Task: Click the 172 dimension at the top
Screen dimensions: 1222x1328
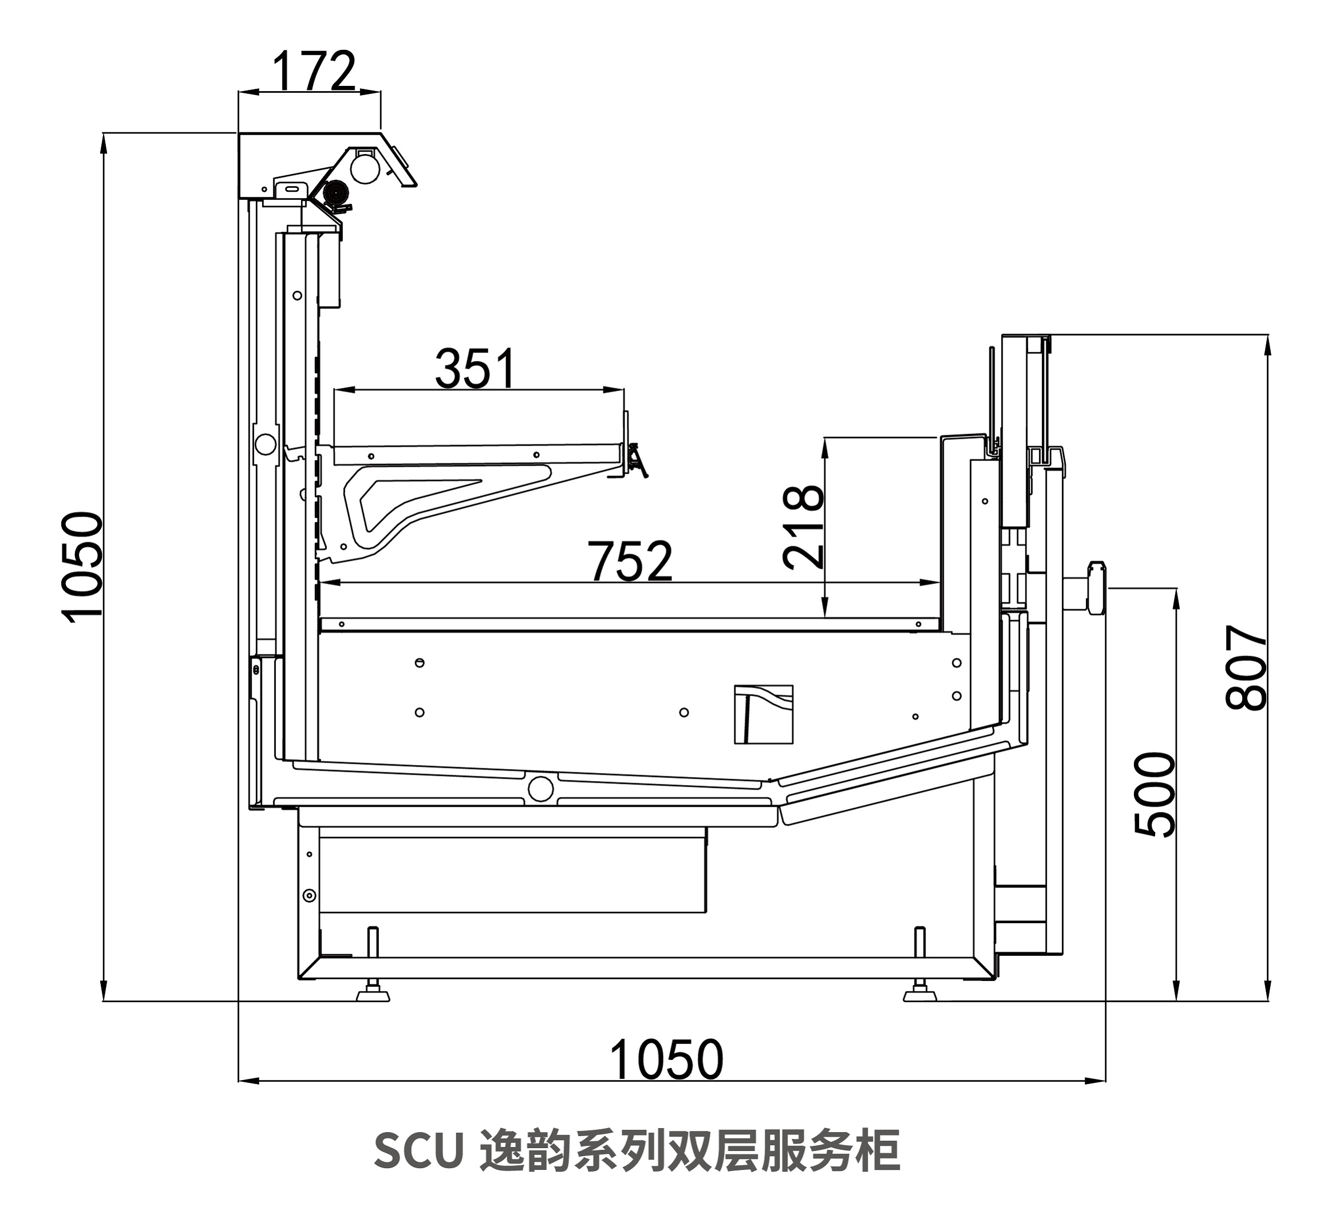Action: click(314, 72)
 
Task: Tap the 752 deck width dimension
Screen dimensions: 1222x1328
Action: click(630, 561)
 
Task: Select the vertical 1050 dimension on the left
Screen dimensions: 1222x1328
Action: click(82, 566)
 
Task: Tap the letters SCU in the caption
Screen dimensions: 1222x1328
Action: click(418, 1151)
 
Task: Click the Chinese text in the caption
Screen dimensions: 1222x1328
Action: click(689, 1151)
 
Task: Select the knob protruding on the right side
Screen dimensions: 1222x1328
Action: click(1094, 587)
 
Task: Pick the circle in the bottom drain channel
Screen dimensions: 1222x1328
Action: click(541, 788)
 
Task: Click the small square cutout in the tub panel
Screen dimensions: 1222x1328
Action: click(764, 715)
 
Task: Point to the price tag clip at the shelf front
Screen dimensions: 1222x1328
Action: click(637, 459)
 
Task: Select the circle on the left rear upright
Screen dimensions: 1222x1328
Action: click(266, 444)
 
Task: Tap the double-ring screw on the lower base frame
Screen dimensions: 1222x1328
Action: click(309, 896)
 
